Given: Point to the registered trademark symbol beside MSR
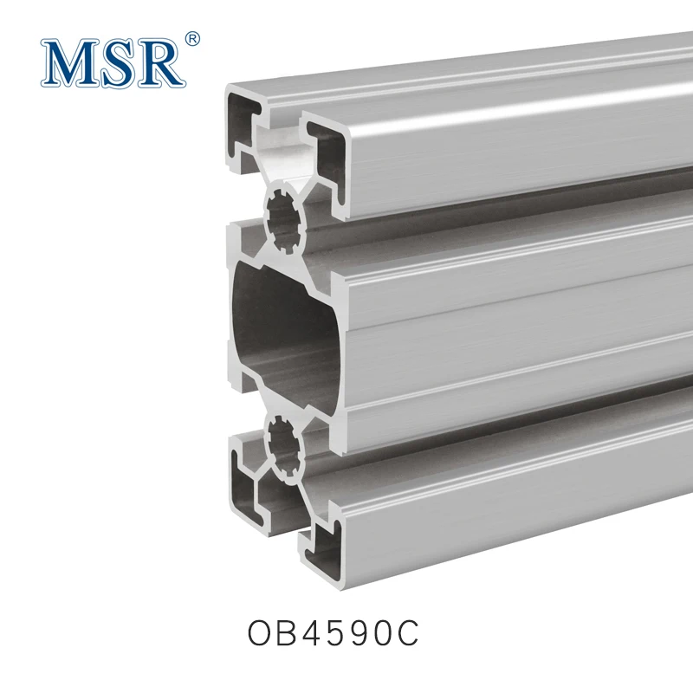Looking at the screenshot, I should tap(193, 38).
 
